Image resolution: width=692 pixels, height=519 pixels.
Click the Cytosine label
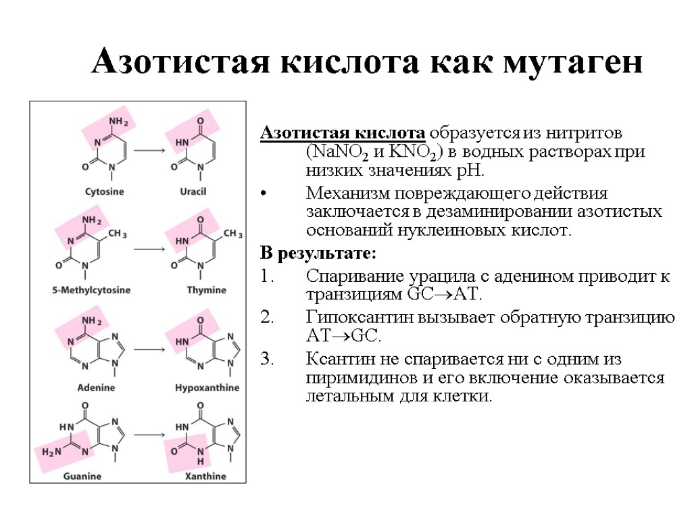[x=104, y=191]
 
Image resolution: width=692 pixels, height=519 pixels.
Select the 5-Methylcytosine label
[x=92, y=290]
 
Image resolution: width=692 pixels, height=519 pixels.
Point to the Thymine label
[x=206, y=290]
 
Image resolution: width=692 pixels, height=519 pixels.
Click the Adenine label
[x=95, y=388]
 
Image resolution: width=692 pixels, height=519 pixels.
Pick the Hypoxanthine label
[x=207, y=388]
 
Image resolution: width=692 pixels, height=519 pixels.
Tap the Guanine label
[x=82, y=476]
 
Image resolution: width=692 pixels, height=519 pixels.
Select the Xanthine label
[x=205, y=476]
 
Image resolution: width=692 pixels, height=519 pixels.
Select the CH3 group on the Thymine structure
[x=232, y=234]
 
